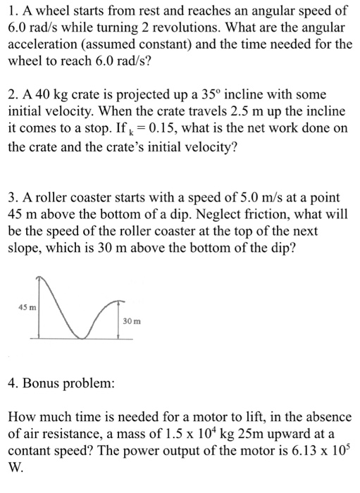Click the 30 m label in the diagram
coord(132,321)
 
